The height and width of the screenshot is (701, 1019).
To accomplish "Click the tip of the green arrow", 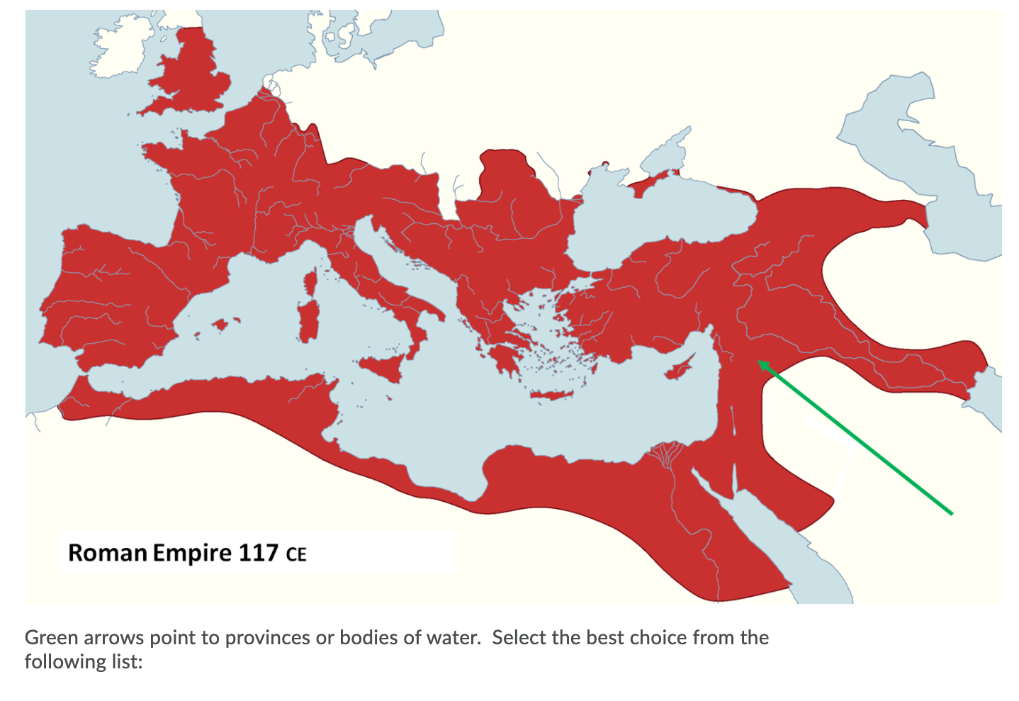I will coord(759,361).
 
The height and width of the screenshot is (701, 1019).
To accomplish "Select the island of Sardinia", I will coord(305,323).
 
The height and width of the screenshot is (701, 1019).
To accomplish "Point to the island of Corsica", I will coord(310,283).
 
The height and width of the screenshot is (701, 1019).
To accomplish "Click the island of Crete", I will coord(551,395).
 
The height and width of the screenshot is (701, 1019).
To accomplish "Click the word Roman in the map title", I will coord(107,553).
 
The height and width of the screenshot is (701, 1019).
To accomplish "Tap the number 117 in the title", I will coord(258,553).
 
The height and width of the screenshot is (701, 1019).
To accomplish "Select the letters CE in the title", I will coord(296,554).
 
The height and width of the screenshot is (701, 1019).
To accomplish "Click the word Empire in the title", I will coord(192,553).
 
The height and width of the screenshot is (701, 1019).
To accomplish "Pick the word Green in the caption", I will coord(51,638).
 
